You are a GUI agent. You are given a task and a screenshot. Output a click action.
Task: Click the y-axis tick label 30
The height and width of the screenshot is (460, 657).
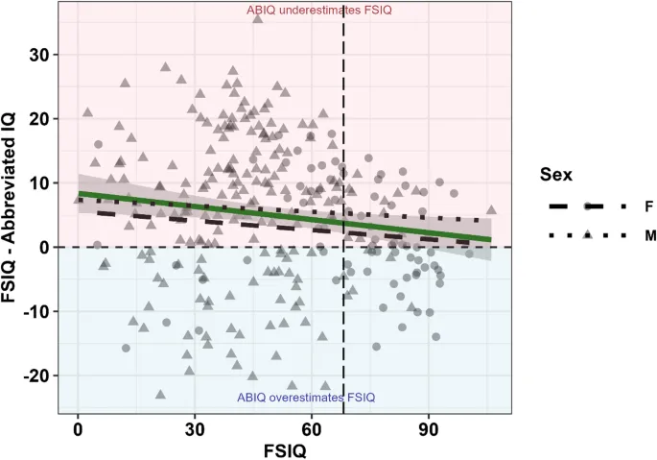click(x=39, y=55)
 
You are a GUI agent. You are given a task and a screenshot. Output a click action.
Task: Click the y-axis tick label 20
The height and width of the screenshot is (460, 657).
click(x=39, y=119)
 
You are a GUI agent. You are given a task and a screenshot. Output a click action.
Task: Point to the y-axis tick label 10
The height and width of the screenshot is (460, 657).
click(x=39, y=183)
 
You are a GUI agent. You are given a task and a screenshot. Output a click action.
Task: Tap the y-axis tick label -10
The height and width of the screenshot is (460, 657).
click(x=36, y=311)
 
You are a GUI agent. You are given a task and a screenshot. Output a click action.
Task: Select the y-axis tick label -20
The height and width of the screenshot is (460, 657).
click(x=36, y=375)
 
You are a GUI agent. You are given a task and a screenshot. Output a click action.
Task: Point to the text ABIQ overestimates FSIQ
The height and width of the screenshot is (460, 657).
click(x=306, y=398)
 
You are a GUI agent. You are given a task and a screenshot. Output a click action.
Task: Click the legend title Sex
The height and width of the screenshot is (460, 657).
click(x=554, y=176)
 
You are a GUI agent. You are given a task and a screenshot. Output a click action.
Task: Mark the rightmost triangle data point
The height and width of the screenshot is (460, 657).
click(x=491, y=209)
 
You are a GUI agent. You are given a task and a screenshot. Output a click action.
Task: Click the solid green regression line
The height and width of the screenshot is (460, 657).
click(x=288, y=216)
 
